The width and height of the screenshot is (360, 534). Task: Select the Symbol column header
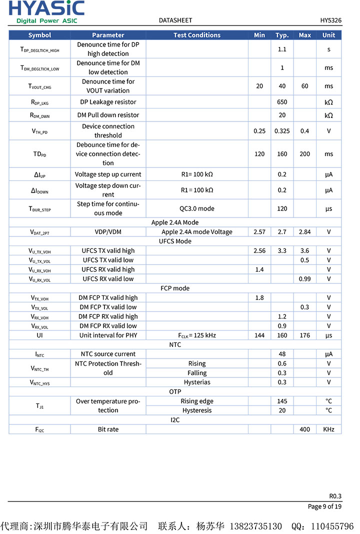[x=39, y=35]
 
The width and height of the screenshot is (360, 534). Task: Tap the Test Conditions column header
[x=196, y=35]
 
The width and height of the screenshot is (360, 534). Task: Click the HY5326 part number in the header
[x=330, y=20]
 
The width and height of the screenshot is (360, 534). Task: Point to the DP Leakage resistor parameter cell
[x=108, y=102]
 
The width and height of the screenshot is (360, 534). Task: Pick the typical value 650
[x=282, y=102]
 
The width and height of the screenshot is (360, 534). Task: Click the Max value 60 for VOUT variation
[x=304, y=86]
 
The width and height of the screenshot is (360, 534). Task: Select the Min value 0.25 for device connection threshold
[x=259, y=131]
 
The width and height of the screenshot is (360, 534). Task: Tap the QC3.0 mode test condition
[x=196, y=208]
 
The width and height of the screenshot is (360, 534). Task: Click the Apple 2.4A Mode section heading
[x=175, y=222]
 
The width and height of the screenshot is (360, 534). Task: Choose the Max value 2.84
[x=304, y=232]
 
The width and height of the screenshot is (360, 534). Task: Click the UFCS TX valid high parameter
[x=108, y=251]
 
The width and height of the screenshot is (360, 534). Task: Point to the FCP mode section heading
[x=175, y=288]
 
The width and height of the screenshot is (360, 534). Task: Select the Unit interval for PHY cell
[x=108, y=335]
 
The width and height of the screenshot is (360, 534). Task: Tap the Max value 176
[x=304, y=335]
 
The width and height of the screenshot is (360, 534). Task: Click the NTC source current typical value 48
[x=282, y=354]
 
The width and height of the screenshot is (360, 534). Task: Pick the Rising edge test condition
[x=196, y=401]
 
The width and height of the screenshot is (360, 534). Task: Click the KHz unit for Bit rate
[x=328, y=429]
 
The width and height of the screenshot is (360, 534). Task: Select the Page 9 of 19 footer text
[x=324, y=506]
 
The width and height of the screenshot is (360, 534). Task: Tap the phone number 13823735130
[x=255, y=526]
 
